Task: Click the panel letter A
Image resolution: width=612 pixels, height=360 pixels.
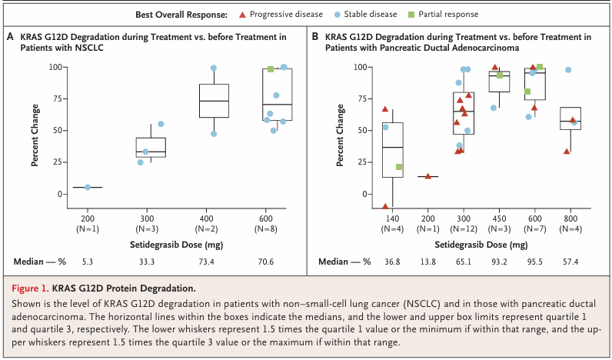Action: tap(11, 36)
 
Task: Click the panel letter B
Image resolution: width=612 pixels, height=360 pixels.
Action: tap(315, 36)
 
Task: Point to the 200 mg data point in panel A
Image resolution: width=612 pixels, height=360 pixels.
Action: tap(88, 187)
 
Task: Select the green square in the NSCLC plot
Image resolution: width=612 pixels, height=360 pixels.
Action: tap(271, 70)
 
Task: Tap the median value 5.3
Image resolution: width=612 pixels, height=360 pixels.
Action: tap(87, 262)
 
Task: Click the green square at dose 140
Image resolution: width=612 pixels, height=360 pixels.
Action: tap(399, 167)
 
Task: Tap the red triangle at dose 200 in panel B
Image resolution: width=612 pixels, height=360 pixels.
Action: tap(428, 176)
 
